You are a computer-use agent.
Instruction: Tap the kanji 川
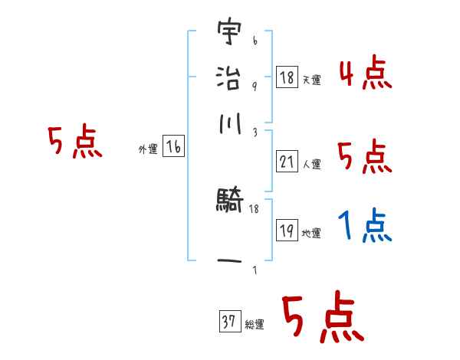tap(229, 125)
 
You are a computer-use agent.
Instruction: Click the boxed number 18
tap(287, 77)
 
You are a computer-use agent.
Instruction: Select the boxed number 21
tap(287, 162)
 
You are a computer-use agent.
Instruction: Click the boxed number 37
tap(228, 322)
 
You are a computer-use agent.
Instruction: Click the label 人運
tap(311, 164)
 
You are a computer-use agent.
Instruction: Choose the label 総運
tap(254, 325)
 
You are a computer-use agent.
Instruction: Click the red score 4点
tap(364, 74)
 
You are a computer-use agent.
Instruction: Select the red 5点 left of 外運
tap(74, 142)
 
